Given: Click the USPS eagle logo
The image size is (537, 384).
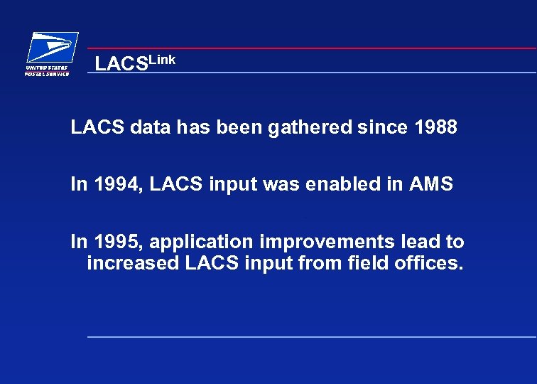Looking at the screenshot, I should (51, 48).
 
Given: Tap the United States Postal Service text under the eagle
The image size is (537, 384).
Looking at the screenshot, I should (48, 70).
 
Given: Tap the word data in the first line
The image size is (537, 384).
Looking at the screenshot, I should (149, 128).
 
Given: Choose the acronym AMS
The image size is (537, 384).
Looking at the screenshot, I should (431, 184).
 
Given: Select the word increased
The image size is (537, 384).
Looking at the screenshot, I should (133, 265).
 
